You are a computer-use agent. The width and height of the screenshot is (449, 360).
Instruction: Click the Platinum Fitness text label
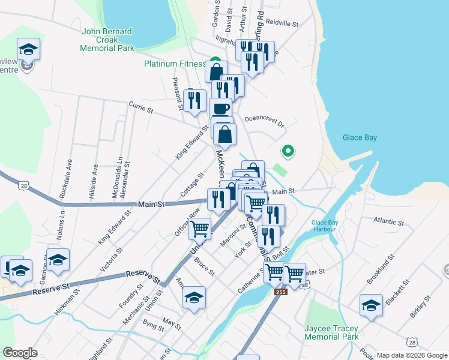pos(175,64)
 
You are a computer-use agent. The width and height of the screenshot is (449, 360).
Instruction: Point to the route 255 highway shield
pos(280,292)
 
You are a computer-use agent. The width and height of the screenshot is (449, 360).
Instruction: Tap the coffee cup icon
pos(221,108)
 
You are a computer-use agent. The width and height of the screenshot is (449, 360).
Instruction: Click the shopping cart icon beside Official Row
pos(199,228)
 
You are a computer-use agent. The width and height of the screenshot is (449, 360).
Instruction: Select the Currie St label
pos(141,107)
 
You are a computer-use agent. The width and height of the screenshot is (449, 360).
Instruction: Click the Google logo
pos(20,353)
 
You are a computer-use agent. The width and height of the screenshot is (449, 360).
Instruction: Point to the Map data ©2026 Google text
pos(412,355)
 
